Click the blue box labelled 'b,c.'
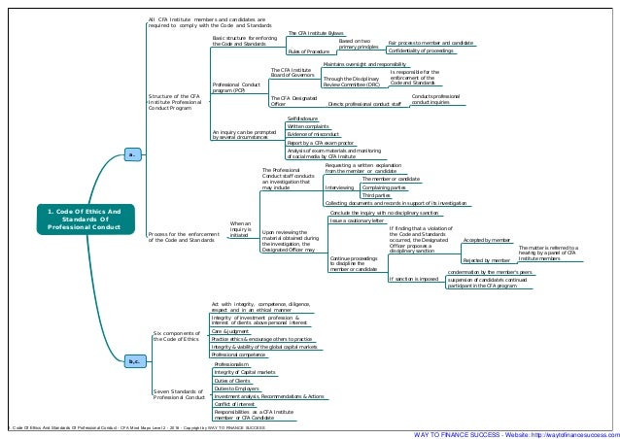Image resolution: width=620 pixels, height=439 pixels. point(135,362)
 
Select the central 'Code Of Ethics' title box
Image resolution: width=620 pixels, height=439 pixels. point(84,219)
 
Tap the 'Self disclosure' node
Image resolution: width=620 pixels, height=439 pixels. point(304,118)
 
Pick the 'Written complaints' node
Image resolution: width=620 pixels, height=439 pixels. point(309,126)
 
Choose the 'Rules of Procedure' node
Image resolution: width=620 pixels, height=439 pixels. point(308,50)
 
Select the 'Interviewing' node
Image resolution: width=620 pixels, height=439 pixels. point(339,186)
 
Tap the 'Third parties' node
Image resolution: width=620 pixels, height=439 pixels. point(377,195)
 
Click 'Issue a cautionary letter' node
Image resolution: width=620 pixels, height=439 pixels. point(358,220)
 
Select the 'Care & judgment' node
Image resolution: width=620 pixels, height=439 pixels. point(230,331)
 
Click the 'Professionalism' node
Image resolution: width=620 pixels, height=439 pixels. point(233,364)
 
